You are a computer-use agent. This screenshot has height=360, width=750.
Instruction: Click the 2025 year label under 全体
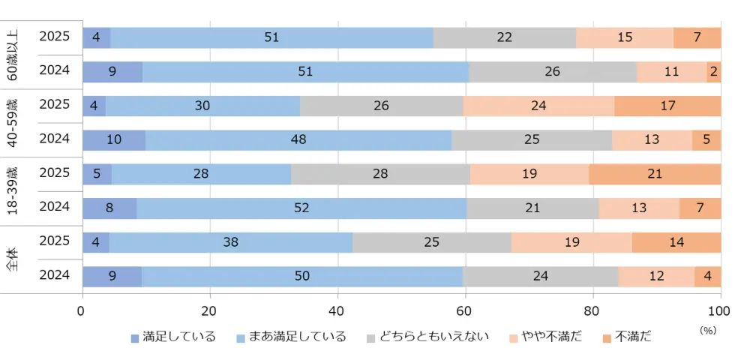[54, 241]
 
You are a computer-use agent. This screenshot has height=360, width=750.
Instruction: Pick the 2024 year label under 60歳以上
[54, 70]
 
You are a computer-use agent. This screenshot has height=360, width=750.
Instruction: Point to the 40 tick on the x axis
[337, 310]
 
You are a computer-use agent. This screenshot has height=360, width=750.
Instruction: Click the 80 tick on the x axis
[592, 310]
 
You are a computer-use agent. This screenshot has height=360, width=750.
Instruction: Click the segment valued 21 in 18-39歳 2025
[655, 173]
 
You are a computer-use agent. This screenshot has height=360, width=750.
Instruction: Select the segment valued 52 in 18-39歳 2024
[301, 208]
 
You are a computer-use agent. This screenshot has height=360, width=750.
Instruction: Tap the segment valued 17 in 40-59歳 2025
[667, 106]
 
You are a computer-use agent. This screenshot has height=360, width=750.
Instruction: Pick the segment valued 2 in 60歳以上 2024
[713, 72]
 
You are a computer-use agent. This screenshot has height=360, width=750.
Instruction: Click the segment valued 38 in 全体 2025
[231, 242]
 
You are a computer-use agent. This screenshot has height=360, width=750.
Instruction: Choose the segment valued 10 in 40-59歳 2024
[113, 140]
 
